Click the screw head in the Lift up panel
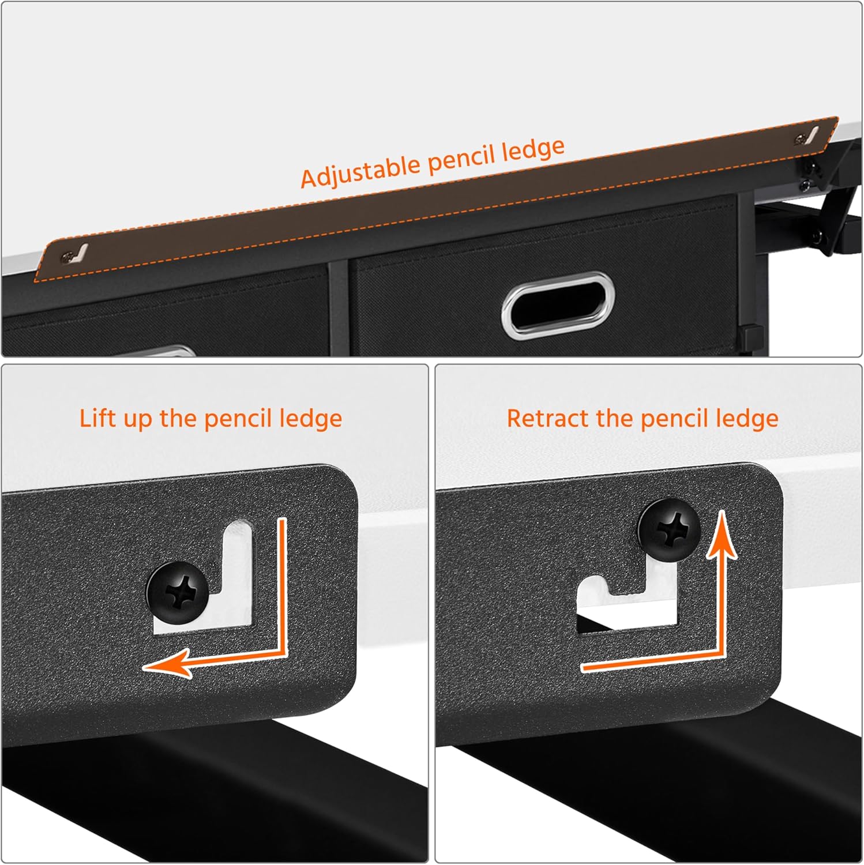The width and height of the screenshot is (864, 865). pos(178,593)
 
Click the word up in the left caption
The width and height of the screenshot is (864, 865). pos(137,419)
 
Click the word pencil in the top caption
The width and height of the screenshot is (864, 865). pos(461,160)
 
